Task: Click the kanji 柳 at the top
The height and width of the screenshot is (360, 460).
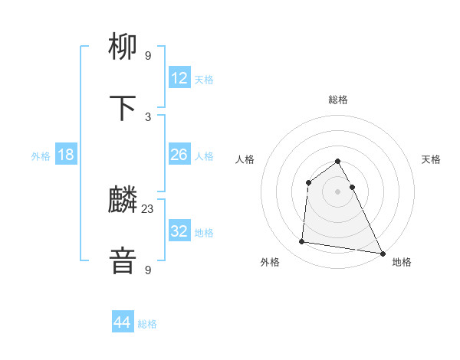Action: [124, 48]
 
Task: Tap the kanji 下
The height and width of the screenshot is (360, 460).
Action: [124, 109]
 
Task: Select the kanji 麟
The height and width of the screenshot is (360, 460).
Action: [124, 201]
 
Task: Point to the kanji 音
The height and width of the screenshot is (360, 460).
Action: [124, 261]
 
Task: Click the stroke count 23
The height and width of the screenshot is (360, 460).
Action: [148, 208]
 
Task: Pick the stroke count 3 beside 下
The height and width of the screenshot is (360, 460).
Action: [148, 116]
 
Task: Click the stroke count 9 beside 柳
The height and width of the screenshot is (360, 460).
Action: [148, 55]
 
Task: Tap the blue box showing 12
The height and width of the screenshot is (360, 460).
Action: [179, 78]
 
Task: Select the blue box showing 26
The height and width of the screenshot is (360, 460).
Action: [179, 155]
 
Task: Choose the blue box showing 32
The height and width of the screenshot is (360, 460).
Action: [179, 231]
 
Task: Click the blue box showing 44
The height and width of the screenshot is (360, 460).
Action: [123, 322]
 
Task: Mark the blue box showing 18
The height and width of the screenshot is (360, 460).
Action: [66, 155]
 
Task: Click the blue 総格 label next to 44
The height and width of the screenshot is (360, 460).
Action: [147, 324]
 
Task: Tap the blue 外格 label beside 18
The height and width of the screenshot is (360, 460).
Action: [41, 156]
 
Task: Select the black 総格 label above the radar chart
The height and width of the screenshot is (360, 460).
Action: [338, 100]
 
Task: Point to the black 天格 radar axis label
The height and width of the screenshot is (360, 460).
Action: [432, 159]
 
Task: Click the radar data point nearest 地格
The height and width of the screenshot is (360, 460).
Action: [383, 252]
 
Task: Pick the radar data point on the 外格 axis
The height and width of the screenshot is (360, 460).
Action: [302, 242]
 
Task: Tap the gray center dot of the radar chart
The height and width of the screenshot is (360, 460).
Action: [338, 191]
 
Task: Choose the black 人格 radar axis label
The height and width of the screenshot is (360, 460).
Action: [245, 159]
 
